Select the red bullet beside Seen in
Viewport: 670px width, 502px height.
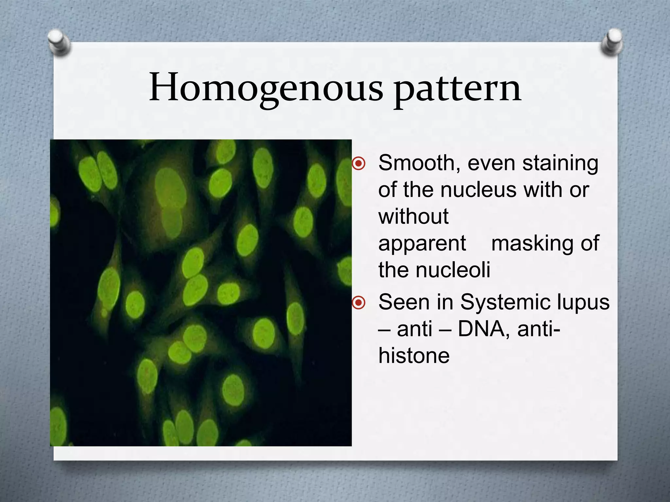[359, 302]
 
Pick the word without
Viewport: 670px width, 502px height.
[414, 216]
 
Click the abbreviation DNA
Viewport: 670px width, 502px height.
[481, 329]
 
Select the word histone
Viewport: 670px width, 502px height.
[414, 356]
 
